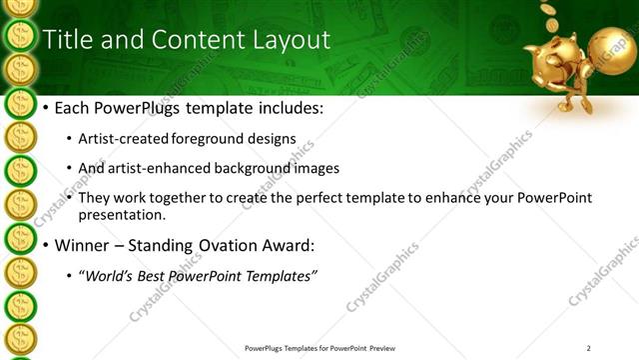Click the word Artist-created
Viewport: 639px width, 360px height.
(123, 138)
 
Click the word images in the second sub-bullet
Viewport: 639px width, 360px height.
(317, 168)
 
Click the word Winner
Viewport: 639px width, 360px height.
(83, 244)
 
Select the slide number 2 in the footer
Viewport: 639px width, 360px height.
(589, 348)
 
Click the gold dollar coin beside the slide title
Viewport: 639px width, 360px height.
(20, 38)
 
